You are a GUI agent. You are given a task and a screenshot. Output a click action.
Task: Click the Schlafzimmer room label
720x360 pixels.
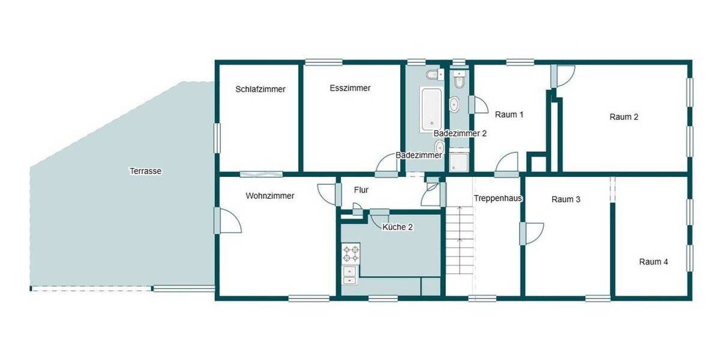(260, 89)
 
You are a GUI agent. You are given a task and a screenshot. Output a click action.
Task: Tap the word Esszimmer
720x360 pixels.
(350, 88)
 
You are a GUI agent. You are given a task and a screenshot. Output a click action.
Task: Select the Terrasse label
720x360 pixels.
(145, 171)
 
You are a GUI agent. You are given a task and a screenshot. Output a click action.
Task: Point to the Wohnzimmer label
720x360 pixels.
(270, 196)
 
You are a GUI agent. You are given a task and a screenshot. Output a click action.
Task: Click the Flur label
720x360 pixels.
(361, 190)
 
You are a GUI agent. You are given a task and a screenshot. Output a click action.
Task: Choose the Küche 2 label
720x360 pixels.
(398, 227)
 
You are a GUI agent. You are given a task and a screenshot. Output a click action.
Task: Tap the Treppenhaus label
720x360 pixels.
(498, 198)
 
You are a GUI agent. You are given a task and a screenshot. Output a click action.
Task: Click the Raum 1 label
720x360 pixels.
(509, 114)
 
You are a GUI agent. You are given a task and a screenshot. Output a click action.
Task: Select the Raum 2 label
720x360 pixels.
(624, 117)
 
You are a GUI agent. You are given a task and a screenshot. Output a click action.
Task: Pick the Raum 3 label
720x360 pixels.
(566, 200)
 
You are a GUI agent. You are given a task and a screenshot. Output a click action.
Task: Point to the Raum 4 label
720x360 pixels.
(653, 262)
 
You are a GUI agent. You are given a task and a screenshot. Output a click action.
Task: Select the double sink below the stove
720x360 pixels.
(349, 275)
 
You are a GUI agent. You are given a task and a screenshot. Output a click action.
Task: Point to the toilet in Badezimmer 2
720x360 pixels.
(460, 80)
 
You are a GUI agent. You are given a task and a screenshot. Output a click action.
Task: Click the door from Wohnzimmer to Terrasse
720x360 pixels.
(228, 220)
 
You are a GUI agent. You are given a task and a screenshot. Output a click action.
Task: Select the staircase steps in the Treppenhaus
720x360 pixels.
(459, 240)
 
